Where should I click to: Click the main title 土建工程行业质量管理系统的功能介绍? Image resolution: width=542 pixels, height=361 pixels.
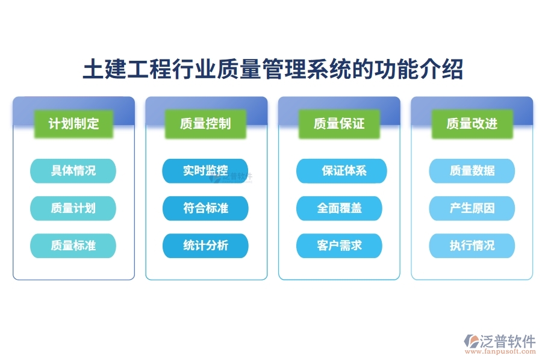tap(272, 69)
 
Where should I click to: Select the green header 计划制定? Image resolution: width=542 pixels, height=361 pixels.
tap(73, 124)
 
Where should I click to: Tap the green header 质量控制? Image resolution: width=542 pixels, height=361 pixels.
tap(205, 124)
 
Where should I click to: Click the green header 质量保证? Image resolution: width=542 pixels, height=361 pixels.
tap(339, 124)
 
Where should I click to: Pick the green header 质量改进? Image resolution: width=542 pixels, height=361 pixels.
tap(472, 124)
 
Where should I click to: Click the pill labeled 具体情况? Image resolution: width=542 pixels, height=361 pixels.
tap(73, 171)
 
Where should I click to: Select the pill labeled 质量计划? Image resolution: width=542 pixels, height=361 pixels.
tap(73, 208)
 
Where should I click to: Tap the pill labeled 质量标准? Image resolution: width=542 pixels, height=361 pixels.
tap(73, 245)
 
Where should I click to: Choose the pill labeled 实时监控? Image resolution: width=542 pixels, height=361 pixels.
tap(205, 171)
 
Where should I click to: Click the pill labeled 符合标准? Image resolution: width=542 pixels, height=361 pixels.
tap(205, 208)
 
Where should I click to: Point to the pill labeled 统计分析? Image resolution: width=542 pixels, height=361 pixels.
tap(205, 245)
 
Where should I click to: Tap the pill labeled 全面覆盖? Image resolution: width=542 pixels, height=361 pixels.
tap(339, 208)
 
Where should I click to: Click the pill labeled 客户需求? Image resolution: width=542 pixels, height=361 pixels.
tap(339, 245)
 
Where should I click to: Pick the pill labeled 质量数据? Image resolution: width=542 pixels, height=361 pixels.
tap(472, 171)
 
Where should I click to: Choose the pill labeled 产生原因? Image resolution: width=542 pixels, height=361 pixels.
tap(472, 208)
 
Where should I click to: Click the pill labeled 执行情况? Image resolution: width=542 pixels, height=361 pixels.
tap(472, 245)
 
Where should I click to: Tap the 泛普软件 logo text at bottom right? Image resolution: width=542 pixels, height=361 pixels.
tap(508, 341)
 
